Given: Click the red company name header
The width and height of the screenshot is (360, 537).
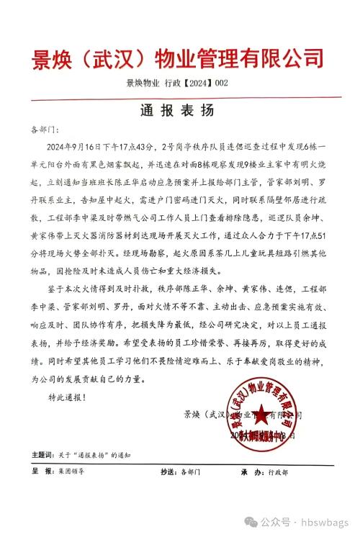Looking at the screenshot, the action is tap(179, 58).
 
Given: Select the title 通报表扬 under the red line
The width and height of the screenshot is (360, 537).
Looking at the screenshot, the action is tap(179, 112).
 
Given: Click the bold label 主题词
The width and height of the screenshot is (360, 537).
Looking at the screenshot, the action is tap(42, 456).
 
